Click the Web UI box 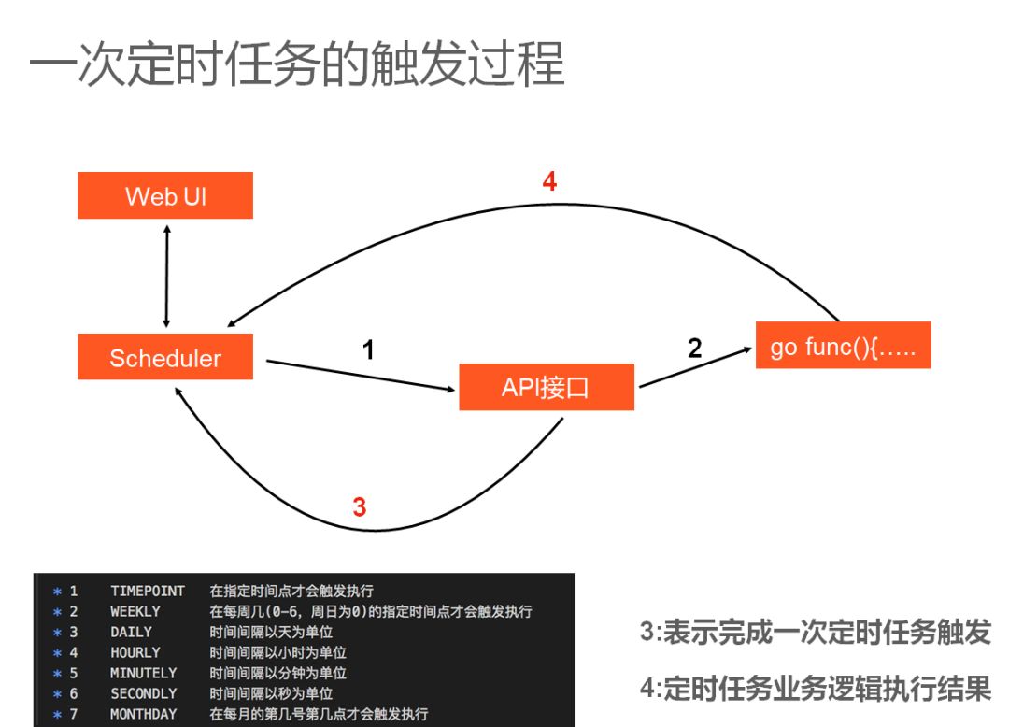coord(165,195)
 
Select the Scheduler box coord(165,357)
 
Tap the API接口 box coord(547,387)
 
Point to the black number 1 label coord(368,350)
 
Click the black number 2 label coord(694,349)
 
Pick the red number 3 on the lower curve coord(359,507)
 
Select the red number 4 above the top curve coord(549,181)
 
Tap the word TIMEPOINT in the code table coord(148,591)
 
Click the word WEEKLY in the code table coord(135,611)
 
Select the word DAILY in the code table coord(131,632)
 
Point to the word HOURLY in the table coord(135,652)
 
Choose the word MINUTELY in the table coord(143,673)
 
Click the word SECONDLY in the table coord(143,693)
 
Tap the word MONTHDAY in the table coord(143,714)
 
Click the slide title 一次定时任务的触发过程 coord(297,66)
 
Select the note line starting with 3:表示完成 coord(815,633)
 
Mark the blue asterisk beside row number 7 coord(57,714)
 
